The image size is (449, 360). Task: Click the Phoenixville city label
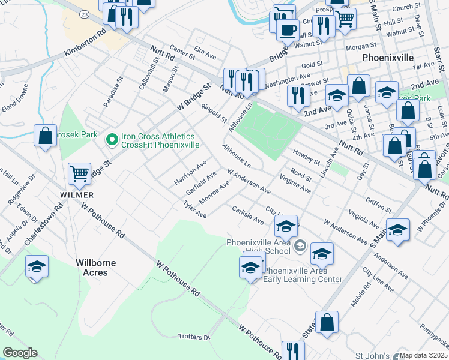coord(388,58)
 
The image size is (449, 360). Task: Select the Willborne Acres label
coord(95,268)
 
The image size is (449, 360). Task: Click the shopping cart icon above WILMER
coord(79,174)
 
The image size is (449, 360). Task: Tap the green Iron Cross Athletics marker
coord(111,140)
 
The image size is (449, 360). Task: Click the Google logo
coord(20,353)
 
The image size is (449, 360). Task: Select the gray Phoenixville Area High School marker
coord(300,245)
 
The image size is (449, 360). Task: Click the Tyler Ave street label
coord(195,210)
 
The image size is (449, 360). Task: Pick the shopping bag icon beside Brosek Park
coord(45,136)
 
